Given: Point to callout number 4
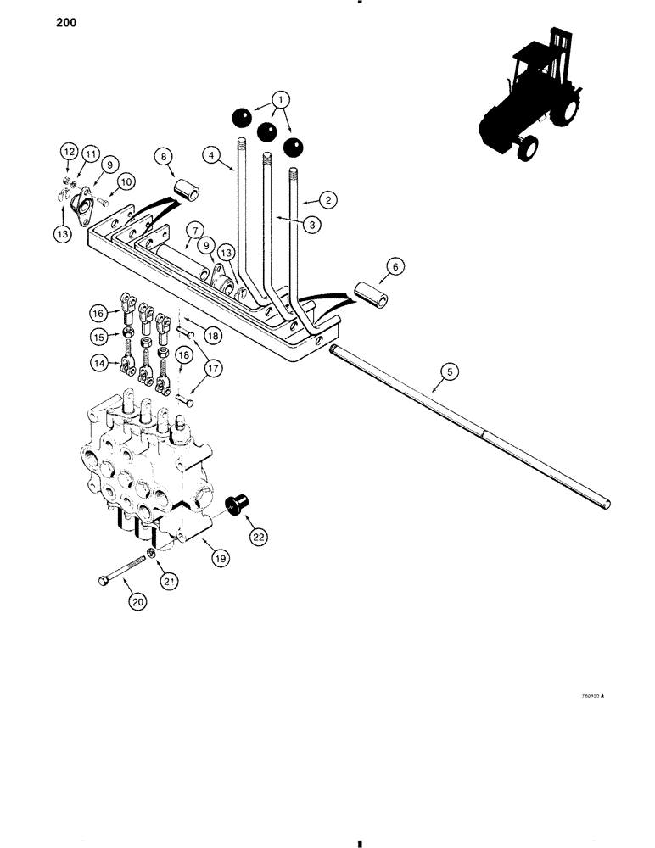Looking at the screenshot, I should tap(212, 155).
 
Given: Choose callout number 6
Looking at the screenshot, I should tap(393, 265).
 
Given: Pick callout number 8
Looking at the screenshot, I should tap(163, 156).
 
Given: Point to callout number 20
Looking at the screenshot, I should tap(137, 602).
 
